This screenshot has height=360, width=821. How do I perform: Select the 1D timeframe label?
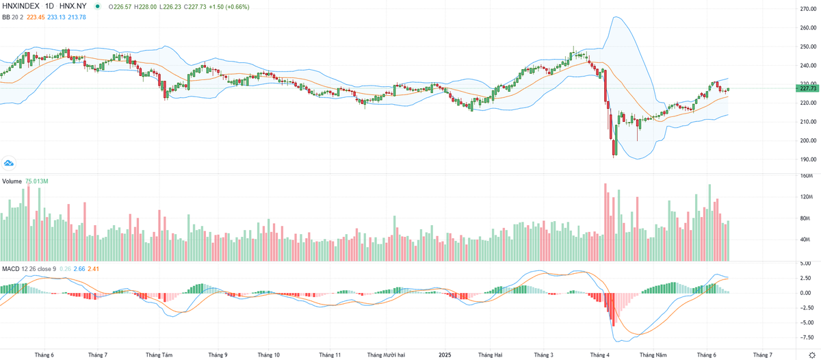(x=49, y=6)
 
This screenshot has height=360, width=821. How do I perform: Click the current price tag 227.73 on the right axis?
(x=808, y=88)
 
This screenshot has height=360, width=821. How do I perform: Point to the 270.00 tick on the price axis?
(x=808, y=9)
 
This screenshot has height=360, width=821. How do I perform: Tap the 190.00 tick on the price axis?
(x=808, y=159)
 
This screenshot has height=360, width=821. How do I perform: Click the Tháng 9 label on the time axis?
(x=218, y=355)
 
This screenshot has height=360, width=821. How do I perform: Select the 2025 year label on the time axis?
(x=445, y=355)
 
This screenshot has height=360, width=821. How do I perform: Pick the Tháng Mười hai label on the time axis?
(x=386, y=355)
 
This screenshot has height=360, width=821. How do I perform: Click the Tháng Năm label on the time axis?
(x=653, y=355)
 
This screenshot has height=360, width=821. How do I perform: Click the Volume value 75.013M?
(x=36, y=181)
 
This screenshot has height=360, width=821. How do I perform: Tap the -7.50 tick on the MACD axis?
(x=808, y=337)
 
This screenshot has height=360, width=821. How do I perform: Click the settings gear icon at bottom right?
(x=811, y=355)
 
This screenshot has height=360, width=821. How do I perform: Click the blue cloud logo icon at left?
(x=9, y=162)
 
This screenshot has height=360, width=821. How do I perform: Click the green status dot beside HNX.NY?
(x=96, y=7)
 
